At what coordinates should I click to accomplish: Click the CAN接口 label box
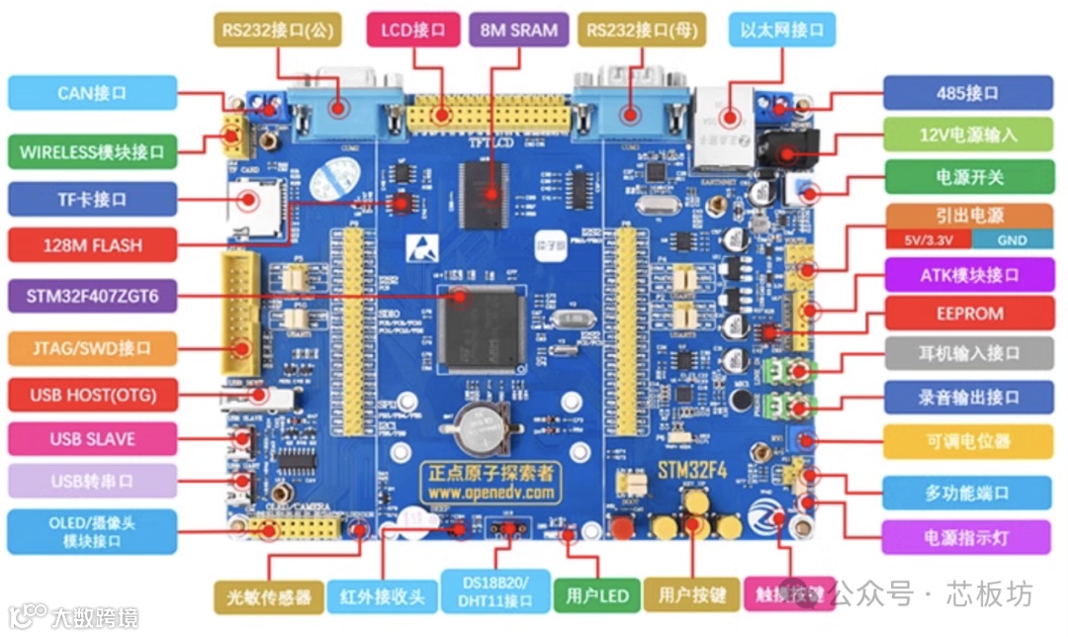(x=92, y=93)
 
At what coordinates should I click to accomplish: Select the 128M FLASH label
(x=92, y=245)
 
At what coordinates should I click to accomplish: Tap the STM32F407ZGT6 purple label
(x=92, y=295)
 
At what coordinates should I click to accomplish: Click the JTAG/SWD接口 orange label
(x=92, y=348)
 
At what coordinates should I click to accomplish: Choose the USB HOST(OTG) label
(x=92, y=396)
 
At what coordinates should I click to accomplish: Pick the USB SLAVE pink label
(x=92, y=439)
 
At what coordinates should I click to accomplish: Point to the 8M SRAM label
(x=518, y=30)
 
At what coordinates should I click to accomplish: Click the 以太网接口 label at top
(x=781, y=30)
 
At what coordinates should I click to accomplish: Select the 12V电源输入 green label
(x=967, y=135)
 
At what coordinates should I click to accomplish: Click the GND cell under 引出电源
(x=1011, y=240)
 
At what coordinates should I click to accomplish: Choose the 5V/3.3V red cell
(x=928, y=240)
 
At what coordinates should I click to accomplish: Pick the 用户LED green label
(x=597, y=596)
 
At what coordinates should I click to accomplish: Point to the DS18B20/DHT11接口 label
(x=494, y=591)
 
